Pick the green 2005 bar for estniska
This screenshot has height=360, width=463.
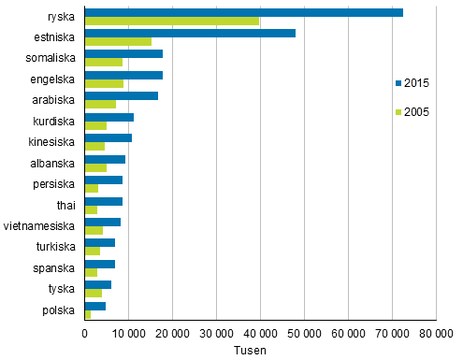(118, 42)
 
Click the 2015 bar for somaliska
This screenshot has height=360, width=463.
(123, 54)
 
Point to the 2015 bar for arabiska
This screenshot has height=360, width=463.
(121, 95)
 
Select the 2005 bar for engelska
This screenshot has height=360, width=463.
(104, 84)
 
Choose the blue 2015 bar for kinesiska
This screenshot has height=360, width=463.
(108, 137)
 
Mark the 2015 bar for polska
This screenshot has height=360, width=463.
(94, 306)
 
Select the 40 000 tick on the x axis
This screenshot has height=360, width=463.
(260, 334)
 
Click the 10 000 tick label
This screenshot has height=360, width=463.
(128, 334)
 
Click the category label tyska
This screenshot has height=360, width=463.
(65, 290)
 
